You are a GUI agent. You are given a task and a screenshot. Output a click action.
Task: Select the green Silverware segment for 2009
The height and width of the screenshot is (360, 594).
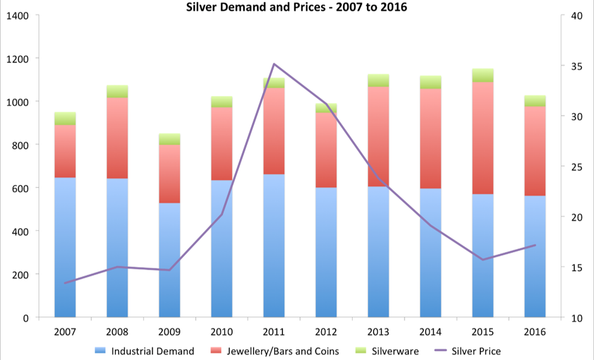pyautogui.click(x=169, y=139)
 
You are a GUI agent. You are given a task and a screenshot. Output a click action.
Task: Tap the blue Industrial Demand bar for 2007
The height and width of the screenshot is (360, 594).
pyautogui.click(x=65, y=246)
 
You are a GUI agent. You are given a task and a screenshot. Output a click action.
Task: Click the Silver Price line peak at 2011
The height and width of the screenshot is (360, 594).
pyautogui.click(x=274, y=64)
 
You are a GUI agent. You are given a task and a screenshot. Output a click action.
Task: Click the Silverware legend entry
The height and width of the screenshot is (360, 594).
pyautogui.click(x=392, y=351)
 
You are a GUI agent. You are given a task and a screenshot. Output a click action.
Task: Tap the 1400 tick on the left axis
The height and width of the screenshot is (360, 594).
pyautogui.click(x=17, y=15)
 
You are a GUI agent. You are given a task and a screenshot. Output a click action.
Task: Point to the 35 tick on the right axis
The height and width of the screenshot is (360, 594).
pyautogui.click(x=575, y=66)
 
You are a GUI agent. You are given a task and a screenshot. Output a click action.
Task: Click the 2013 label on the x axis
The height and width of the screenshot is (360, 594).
pyautogui.click(x=378, y=332)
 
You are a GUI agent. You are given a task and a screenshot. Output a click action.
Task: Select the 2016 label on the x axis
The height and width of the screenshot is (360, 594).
pyautogui.click(x=535, y=332)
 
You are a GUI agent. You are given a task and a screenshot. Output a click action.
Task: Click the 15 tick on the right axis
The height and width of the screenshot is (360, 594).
pyautogui.click(x=575, y=267)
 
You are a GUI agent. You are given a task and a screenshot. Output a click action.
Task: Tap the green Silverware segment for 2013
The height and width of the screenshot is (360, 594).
pyautogui.click(x=378, y=80)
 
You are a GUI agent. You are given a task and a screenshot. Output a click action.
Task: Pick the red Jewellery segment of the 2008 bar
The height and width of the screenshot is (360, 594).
pyautogui.click(x=117, y=138)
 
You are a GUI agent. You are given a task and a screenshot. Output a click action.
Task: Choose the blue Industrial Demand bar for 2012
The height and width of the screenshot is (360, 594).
pyautogui.click(x=326, y=253)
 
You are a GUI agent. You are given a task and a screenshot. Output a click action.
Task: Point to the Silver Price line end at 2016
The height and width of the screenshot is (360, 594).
pyautogui.click(x=535, y=245)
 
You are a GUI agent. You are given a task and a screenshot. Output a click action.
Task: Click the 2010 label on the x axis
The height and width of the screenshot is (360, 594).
pyautogui.click(x=221, y=332)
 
